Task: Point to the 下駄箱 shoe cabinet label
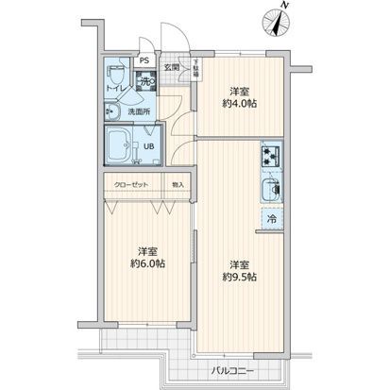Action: [195, 70]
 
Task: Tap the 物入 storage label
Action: [178, 183]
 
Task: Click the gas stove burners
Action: [271, 155]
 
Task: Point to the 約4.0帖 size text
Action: [240, 106]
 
